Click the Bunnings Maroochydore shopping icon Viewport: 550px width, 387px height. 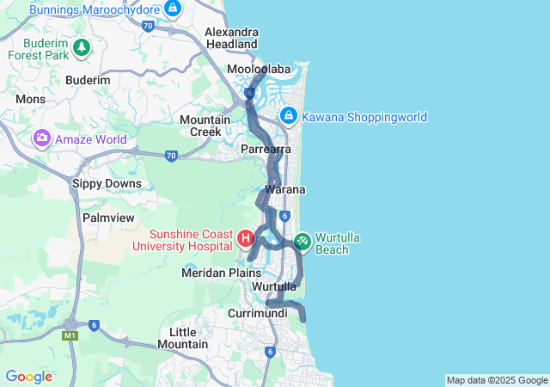173,9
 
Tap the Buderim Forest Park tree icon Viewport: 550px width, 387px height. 81,46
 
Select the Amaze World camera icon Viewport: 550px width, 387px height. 41,138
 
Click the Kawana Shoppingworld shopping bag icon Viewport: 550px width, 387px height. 288,116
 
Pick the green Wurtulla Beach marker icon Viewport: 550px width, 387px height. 302,242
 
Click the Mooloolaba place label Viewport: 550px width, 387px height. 259,69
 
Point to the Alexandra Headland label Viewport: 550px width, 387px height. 231,38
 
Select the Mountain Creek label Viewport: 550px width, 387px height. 205,126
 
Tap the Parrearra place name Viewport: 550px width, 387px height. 266,150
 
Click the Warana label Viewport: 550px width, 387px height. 285,188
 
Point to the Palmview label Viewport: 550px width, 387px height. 106,218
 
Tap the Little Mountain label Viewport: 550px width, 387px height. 182,338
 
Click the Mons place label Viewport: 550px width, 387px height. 30,100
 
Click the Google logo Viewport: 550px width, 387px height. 28,377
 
